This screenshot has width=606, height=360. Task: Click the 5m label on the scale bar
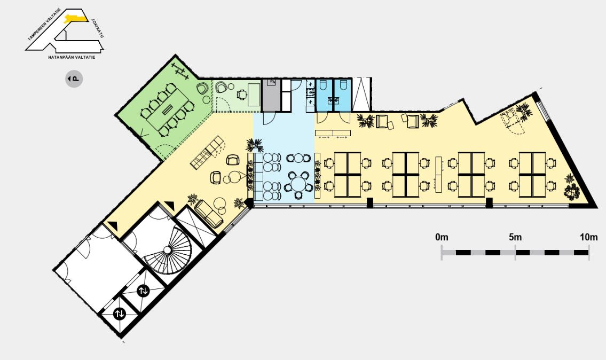click(x=515, y=237)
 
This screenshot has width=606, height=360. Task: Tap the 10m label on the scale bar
click(x=588, y=237)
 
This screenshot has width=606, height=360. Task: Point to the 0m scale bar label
click(x=442, y=237)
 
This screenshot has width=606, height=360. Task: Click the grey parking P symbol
click(x=74, y=79)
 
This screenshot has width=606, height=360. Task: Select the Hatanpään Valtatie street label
click(x=72, y=57)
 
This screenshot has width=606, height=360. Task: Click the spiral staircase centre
click(x=167, y=250)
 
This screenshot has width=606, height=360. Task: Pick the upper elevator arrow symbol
click(x=143, y=291)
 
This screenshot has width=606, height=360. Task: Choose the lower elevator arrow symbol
click(x=120, y=314)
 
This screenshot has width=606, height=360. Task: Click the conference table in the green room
click(x=167, y=110)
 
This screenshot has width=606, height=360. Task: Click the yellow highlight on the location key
click(x=76, y=18)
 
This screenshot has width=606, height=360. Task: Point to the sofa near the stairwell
click(x=209, y=214)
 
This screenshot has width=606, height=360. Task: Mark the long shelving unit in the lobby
click(x=207, y=152)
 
